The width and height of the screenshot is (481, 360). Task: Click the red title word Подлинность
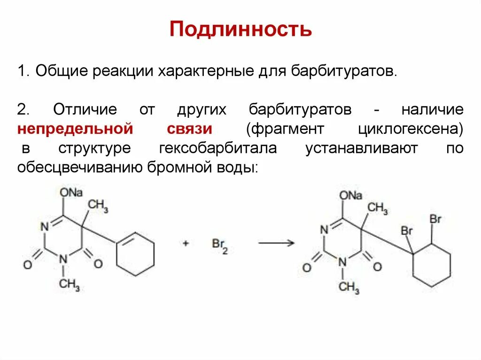[240, 29]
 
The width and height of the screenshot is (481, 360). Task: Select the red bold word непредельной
[73, 129]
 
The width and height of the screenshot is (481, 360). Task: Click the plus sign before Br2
[186, 244]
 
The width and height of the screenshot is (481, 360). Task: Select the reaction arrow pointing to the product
[276, 243]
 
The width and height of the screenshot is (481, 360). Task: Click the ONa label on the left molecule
[71, 193]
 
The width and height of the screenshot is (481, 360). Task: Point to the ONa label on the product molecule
[350, 195]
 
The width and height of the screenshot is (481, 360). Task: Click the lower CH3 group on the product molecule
[349, 286]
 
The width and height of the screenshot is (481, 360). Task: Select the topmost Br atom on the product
[435, 219]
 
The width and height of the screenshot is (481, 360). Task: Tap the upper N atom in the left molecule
[44, 227]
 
